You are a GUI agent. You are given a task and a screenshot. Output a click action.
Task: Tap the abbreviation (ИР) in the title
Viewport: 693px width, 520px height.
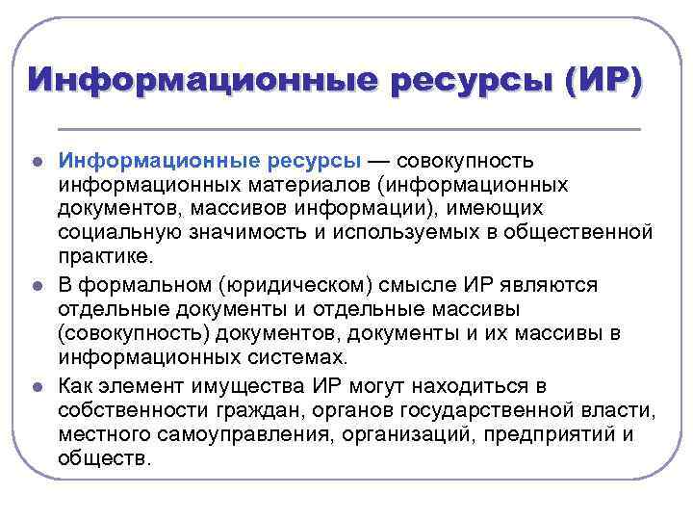point(597,79)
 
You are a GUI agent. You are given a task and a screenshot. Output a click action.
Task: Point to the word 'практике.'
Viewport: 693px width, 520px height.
point(105,260)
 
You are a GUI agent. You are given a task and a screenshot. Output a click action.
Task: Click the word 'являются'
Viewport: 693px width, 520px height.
point(543,286)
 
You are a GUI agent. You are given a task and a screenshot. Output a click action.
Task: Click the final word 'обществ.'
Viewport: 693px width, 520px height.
point(104,460)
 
